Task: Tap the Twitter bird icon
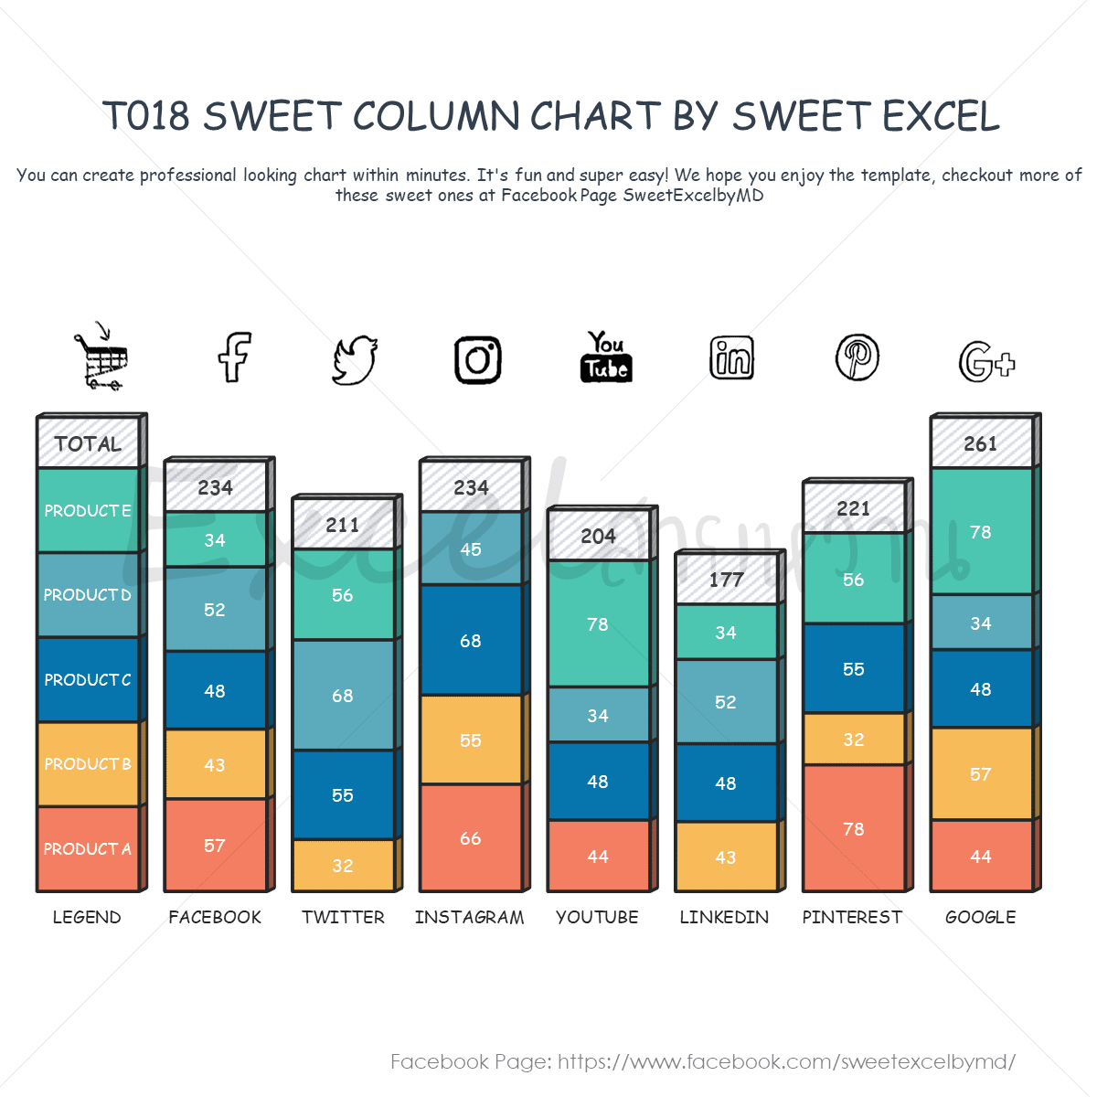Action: click(355, 359)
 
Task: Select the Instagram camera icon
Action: click(478, 359)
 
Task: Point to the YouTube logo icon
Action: click(606, 357)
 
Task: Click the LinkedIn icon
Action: click(732, 357)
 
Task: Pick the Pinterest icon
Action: click(857, 357)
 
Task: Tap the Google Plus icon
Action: click(985, 361)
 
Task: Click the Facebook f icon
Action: click(234, 357)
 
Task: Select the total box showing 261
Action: click(981, 443)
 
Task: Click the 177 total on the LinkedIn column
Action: click(726, 579)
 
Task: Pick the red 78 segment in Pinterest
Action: click(854, 828)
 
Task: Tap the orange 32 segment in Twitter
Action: click(343, 865)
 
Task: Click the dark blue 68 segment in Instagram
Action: click(471, 640)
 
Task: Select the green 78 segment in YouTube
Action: click(598, 623)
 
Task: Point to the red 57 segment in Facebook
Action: click(215, 845)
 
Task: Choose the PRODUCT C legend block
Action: click(88, 679)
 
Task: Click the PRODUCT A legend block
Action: click(88, 848)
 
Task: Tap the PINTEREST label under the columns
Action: click(852, 917)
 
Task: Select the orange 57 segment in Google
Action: click(981, 774)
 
